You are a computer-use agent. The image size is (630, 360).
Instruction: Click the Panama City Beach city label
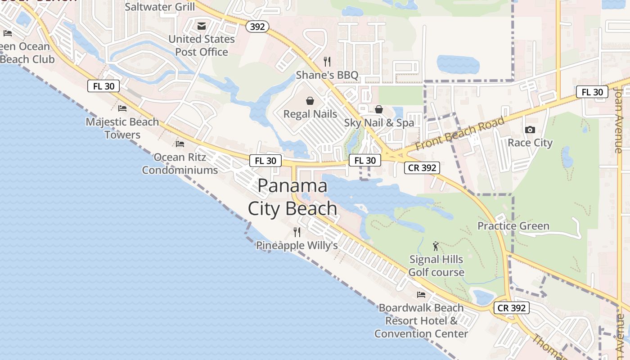pyautogui.click(x=292, y=197)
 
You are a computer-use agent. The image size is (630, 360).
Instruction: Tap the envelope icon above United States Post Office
pyautogui.click(x=202, y=26)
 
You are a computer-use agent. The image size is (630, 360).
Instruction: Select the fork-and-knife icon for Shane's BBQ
pyautogui.click(x=327, y=62)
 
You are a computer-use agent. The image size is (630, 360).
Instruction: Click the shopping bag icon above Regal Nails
pyautogui.click(x=310, y=101)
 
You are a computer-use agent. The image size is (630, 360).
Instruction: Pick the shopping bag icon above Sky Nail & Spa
pyautogui.click(x=379, y=109)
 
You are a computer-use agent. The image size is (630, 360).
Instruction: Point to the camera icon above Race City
pyautogui.click(x=530, y=130)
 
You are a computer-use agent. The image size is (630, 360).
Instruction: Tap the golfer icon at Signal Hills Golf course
pyautogui.click(x=436, y=246)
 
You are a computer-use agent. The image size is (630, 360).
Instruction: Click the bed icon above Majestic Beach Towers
pyautogui.click(x=122, y=108)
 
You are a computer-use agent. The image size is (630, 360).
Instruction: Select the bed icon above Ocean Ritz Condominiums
pyautogui.click(x=180, y=144)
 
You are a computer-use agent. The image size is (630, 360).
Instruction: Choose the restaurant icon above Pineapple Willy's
pyautogui.click(x=297, y=232)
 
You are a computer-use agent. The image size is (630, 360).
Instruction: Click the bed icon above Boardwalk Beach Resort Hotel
pyautogui.click(x=421, y=295)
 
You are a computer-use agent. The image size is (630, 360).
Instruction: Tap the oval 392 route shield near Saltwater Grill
pyautogui.click(x=257, y=27)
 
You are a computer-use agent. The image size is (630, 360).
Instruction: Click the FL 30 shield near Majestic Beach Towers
pyautogui.click(x=103, y=86)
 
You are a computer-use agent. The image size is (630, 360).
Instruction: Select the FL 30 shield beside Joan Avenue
pyautogui.click(x=592, y=92)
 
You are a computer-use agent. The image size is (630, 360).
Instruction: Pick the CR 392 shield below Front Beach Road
pyautogui.click(x=422, y=168)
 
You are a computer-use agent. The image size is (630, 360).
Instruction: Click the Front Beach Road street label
pyautogui.click(x=459, y=134)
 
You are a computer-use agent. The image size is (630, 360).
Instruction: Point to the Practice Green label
pyautogui.click(x=513, y=226)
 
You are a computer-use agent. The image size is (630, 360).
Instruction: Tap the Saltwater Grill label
pyautogui.click(x=160, y=7)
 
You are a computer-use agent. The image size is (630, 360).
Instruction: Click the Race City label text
pyautogui.click(x=530, y=143)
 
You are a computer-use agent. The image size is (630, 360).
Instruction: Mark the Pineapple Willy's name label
pyautogui.click(x=297, y=245)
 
